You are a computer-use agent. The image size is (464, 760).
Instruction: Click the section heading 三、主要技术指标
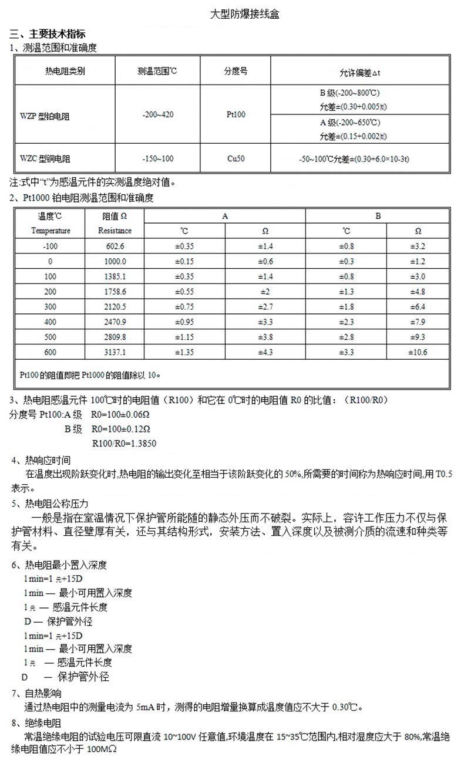pos(48,35)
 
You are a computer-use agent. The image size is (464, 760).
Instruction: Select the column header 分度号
pos(236,71)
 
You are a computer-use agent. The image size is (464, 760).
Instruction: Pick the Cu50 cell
pos(236,158)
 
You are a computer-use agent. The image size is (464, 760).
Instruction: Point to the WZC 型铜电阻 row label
pos(45,159)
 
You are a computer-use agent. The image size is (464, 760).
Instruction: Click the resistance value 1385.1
pos(115,276)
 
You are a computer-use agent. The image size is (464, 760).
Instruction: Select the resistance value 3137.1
pos(115,352)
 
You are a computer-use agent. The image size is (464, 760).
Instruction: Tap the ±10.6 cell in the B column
pos(418,352)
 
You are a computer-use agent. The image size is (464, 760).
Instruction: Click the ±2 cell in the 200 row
pos(265,291)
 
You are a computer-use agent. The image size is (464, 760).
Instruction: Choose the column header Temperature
pos(51,231)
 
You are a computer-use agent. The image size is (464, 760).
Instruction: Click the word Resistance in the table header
pos(115,231)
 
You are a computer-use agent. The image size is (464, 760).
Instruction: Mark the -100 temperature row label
pos(51,246)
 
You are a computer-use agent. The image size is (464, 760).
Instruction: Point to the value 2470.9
pos(115,322)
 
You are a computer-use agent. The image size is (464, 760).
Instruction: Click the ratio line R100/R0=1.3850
pos(125,444)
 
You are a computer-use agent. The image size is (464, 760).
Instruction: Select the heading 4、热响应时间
pos(41,460)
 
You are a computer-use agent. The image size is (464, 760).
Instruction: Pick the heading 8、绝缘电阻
pos(36,722)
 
